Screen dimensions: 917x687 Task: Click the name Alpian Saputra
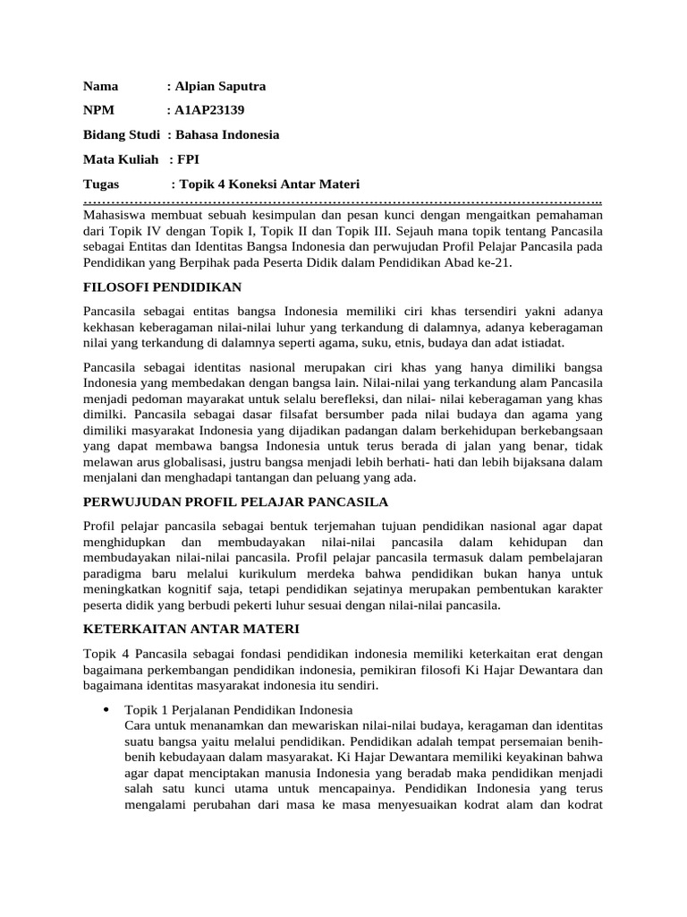(x=220, y=87)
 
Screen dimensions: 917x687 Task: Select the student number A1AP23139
(x=209, y=111)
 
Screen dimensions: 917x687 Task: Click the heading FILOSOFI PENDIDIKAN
(x=162, y=287)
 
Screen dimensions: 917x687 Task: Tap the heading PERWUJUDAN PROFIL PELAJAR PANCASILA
(x=235, y=501)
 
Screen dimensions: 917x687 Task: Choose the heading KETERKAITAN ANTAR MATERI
(x=191, y=630)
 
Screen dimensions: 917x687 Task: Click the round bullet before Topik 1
(x=106, y=709)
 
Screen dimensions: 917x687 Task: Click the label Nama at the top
(x=101, y=87)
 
